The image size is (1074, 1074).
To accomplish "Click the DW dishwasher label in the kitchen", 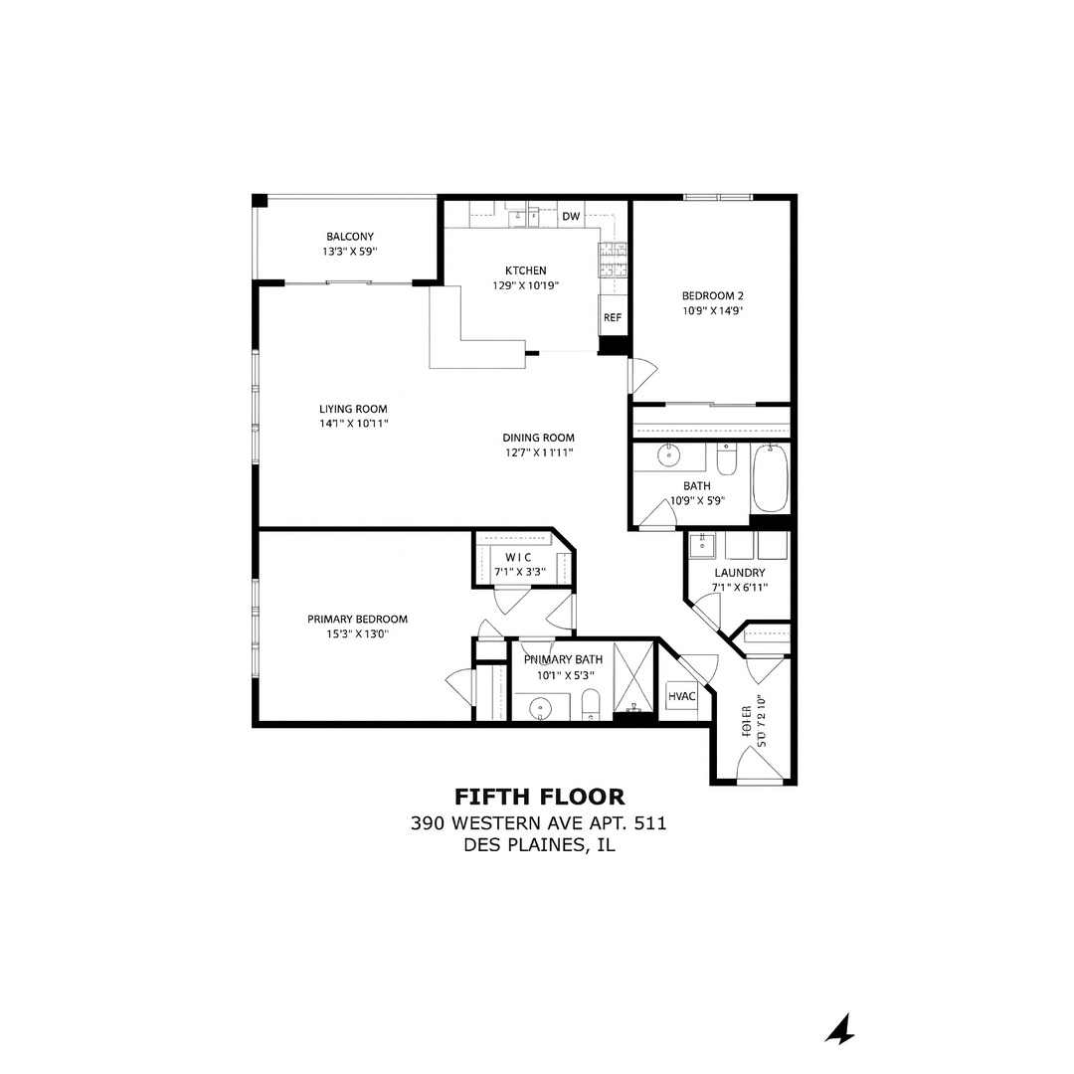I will click(571, 216).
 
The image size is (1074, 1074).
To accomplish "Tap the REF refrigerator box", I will click(612, 318).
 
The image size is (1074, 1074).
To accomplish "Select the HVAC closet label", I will click(682, 697).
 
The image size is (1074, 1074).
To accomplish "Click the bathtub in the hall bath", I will click(770, 479).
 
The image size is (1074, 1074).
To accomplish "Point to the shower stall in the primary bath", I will click(633, 678).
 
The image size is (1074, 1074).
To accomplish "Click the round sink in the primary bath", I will click(540, 708).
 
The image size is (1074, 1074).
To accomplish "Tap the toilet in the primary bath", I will click(591, 703).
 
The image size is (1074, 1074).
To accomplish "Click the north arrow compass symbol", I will click(840, 1030).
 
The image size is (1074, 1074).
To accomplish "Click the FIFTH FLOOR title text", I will click(539, 797).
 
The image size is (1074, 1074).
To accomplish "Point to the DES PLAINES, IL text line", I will click(539, 845).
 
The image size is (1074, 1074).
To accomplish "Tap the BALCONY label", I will click(350, 237).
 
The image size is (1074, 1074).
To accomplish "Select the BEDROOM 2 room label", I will click(712, 295).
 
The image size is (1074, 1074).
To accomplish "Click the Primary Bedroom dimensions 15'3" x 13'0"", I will click(357, 633).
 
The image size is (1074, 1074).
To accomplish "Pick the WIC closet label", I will click(518, 557).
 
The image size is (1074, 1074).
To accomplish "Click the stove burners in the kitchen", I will click(613, 260).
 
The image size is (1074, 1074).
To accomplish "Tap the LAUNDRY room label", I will click(740, 573).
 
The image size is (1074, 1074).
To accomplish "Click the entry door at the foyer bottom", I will click(761, 766).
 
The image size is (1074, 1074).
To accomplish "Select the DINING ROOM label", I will click(538, 438).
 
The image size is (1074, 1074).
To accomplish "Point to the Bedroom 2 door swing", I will click(642, 375).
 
